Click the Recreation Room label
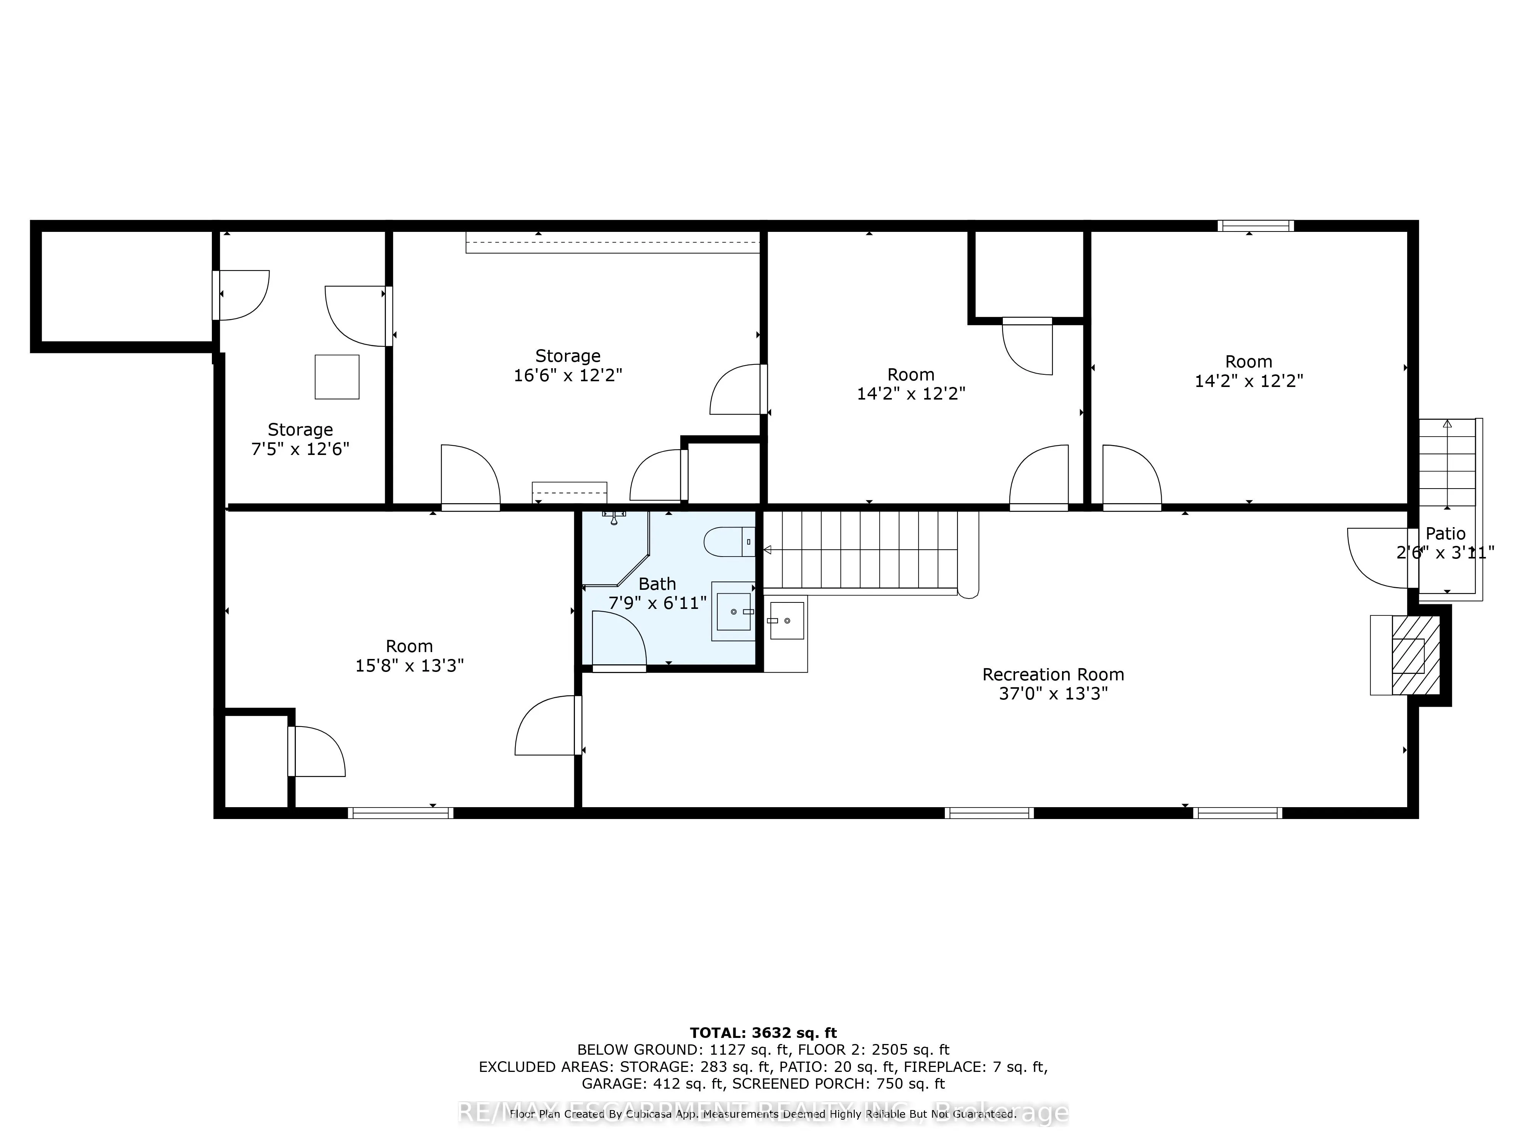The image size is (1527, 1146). click(x=1053, y=674)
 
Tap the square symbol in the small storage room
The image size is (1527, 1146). click(x=337, y=377)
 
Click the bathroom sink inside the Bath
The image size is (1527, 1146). click(x=733, y=611)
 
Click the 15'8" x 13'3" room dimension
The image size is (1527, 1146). click(x=409, y=665)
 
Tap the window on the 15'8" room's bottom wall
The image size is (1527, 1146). click(x=400, y=813)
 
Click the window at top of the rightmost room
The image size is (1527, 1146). click(x=1255, y=225)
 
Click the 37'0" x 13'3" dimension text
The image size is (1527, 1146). click(x=1053, y=693)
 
